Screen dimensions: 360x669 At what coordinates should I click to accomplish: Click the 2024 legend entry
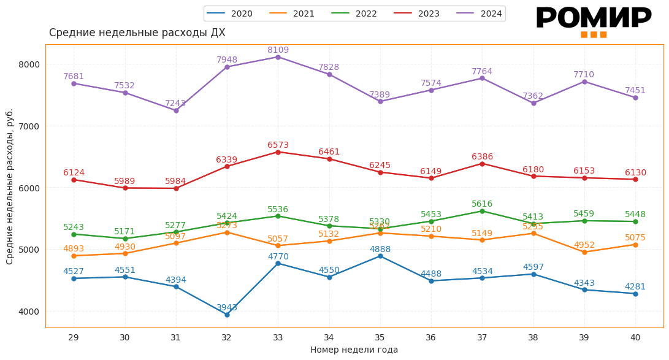pos(480,13)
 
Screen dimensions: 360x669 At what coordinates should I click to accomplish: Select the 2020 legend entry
pos(229,13)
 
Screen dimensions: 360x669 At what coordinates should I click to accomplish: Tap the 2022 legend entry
pos(354,13)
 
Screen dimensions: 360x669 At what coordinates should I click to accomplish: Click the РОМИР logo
pos(594,21)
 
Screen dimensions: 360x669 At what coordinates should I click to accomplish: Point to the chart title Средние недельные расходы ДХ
pos(137,33)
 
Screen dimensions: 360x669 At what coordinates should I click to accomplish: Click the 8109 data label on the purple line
pos(278,50)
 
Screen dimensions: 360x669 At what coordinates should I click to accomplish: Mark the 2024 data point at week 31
pos(176,110)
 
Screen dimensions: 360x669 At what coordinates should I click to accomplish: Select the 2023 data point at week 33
pos(278,152)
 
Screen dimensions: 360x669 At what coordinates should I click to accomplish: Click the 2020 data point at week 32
pos(227,315)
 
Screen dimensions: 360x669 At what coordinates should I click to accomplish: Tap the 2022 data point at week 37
pos(482,211)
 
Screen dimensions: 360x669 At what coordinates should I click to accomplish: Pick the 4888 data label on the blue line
pos(380,250)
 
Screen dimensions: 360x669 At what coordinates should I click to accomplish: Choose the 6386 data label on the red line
pos(482,157)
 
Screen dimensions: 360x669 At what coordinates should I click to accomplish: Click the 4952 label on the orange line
pos(584,245)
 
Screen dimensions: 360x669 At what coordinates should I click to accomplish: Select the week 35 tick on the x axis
pos(380,337)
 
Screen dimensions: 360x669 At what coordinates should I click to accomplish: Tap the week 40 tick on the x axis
pos(635,337)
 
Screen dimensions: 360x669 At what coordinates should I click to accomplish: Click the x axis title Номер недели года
pos(354,350)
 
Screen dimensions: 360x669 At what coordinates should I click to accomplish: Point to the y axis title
pos(10,186)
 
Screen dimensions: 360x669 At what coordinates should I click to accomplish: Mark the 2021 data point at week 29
pos(74,256)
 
